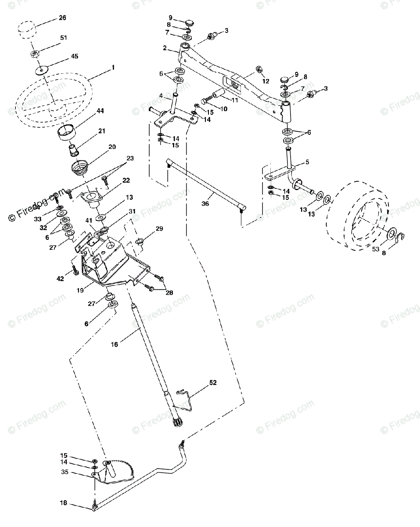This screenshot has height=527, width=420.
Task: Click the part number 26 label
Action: click(62, 18)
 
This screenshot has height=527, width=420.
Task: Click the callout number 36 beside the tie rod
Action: click(205, 203)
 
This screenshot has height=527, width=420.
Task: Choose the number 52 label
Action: click(213, 383)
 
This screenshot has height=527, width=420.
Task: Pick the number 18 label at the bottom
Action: click(64, 503)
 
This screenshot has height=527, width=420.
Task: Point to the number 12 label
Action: click(266, 82)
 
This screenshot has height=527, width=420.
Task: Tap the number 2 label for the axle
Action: click(165, 47)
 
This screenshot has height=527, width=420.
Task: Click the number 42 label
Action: click(61, 279)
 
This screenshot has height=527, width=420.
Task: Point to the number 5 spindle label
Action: click(307, 162)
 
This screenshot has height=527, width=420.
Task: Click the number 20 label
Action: click(112, 147)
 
